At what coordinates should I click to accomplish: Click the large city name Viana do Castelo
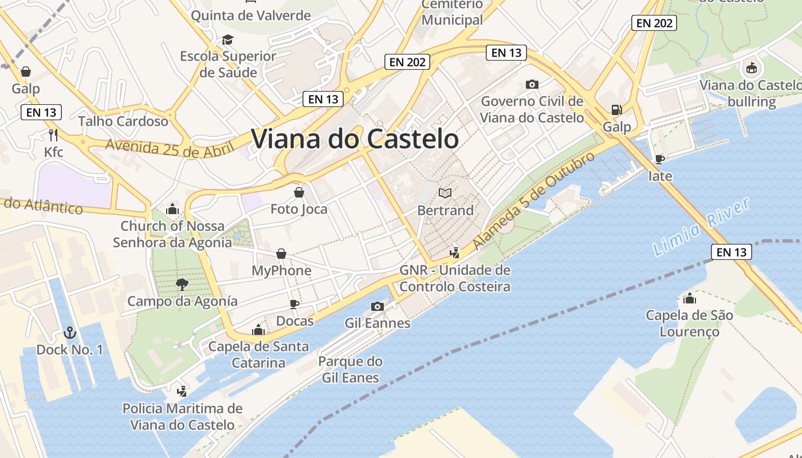click(x=355, y=139)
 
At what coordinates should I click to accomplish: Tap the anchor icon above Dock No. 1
click(x=69, y=333)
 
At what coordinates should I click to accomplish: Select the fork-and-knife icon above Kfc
click(x=53, y=135)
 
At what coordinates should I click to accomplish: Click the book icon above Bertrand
click(x=445, y=194)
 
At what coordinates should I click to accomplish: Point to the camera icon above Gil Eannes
click(x=377, y=306)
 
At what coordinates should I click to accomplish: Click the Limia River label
click(x=701, y=227)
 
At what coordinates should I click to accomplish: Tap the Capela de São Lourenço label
click(x=689, y=323)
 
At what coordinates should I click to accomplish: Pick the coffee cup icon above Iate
click(x=659, y=159)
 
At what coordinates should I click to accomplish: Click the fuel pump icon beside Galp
click(x=616, y=110)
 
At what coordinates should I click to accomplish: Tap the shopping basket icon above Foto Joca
click(x=298, y=192)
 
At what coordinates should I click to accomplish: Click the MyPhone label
click(x=282, y=270)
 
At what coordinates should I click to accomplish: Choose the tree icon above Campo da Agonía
click(x=182, y=284)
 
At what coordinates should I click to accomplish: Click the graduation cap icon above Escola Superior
click(x=228, y=40)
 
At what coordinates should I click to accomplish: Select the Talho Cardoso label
click(x=123, y=121)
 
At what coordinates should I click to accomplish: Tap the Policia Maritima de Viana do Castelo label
click(x=183, y=417)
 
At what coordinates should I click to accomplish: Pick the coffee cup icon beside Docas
click(x=294, y=304)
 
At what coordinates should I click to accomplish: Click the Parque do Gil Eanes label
click(x=351, y=369)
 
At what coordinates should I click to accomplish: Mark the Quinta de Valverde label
click(x=250, y=15)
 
